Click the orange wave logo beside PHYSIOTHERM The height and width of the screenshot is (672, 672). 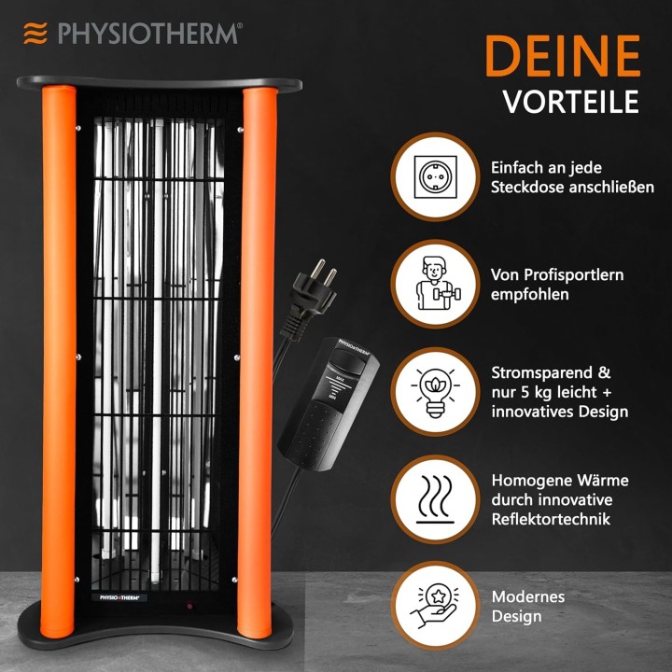(35, 34)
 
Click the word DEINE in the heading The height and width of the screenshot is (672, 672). (563, 56)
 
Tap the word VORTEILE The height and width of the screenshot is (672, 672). (571, 102)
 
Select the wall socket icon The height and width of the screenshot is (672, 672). (436, 177)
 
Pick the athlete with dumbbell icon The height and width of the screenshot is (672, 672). (437, 284)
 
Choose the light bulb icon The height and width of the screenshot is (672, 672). (435, 392)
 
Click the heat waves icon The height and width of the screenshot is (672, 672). (435, 499)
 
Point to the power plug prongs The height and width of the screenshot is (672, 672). (324, 273)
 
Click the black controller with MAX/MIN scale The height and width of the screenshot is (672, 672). (329, 404)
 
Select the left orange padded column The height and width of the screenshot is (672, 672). (59, 362)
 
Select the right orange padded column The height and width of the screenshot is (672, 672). (258, 362)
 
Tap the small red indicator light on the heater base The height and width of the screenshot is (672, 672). (189, 606)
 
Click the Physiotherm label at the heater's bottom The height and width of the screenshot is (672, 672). (119, 597)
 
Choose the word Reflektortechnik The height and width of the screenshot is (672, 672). (551, 519)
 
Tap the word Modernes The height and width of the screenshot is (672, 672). (528, 596)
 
